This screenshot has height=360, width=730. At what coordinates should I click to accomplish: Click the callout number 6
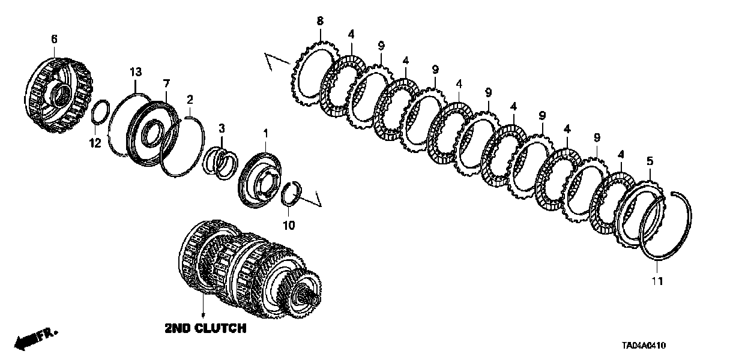tap(54, 39)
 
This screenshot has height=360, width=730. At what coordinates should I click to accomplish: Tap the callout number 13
tap(136, 73)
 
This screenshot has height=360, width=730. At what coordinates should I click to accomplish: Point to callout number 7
tap(166, 82)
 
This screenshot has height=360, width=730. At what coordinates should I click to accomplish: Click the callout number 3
tap(222, 128)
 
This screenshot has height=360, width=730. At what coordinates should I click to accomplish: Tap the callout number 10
tap(289, 225)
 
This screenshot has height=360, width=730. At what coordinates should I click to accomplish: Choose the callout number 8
tap(320, 22)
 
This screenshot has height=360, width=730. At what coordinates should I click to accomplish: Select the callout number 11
tap(657, 281)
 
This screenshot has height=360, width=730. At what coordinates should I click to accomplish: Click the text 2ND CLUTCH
tap(205, 328)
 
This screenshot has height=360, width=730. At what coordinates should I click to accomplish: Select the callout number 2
tap(190, 99)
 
